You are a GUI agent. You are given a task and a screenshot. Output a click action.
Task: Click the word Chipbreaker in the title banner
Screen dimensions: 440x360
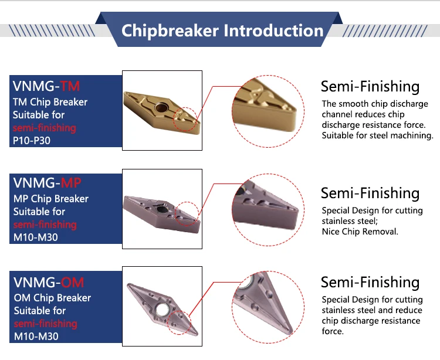pos(170,31)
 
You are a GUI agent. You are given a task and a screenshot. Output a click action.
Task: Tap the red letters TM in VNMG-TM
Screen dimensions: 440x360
pos(70,86)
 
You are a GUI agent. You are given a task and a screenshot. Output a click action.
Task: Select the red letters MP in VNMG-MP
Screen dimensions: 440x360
pos(71,183)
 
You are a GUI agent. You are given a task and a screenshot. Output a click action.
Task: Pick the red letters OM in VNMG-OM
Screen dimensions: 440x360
pos(72,283)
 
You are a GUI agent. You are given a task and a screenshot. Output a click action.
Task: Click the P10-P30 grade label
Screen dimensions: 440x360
pos(32,141)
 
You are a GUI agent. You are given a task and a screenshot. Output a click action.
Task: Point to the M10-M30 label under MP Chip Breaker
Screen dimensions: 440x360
pos(36,237)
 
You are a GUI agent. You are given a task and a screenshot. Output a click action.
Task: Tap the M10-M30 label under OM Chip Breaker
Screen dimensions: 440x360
pos(36,336)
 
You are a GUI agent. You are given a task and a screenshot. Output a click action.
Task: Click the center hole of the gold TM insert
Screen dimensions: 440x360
pos(162,107)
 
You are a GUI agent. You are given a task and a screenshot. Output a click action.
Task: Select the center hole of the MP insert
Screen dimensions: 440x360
pos(162,209)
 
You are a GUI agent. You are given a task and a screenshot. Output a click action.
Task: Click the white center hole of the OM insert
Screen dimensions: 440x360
pos(162,310)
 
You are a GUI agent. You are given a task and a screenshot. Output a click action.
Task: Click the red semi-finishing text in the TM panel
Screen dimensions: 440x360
pos(45,128)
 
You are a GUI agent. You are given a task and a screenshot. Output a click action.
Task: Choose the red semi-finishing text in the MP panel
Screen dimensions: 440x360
pos(45,225)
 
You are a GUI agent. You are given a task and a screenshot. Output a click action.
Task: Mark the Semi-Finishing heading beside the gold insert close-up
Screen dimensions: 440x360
pos(370,86)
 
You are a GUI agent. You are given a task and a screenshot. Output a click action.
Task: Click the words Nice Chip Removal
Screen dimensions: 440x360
pos(360,232)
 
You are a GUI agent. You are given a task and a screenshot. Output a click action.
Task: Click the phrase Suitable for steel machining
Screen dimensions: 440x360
pos(377,135)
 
